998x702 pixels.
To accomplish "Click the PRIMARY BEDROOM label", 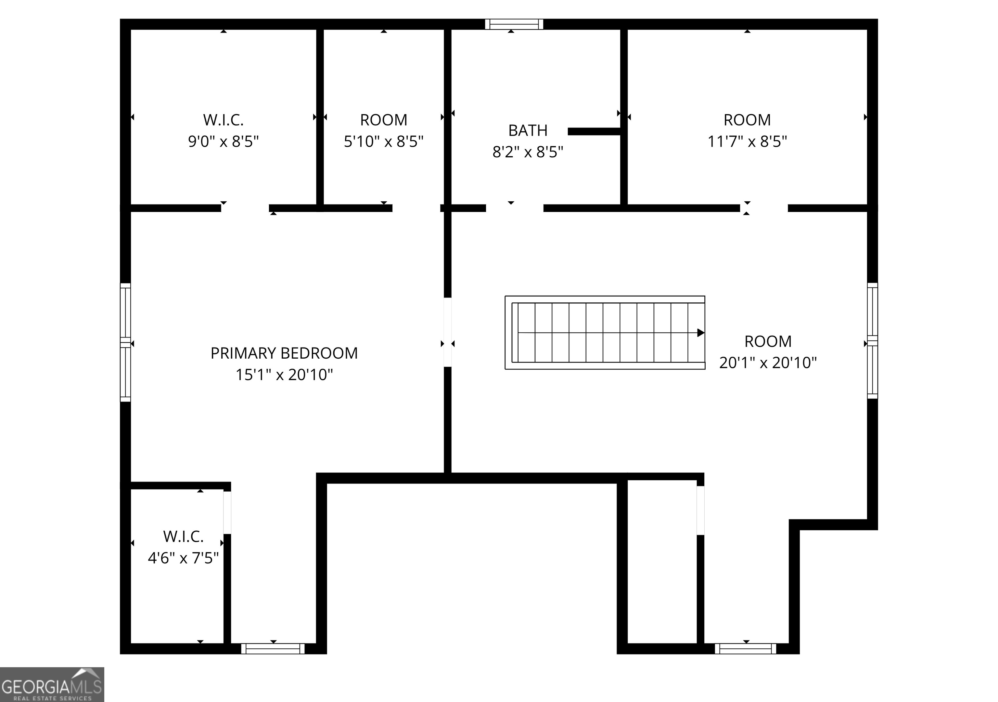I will click(284, 353).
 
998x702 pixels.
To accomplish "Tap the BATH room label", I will click(528, 130).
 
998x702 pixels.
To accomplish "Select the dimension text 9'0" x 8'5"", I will click(224, 141).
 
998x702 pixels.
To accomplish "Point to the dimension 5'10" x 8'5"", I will click(383, 141).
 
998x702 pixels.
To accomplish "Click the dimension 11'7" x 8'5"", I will click(747, 141).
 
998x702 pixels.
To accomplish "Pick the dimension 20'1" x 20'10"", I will click(768, 363).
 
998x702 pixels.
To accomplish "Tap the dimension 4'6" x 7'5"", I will click(183, 558).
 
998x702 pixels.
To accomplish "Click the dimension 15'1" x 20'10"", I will click(284, 375).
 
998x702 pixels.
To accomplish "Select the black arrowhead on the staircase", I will click(700, 333).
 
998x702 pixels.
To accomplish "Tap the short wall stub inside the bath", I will click(594, 131).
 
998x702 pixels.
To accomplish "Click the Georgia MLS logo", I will click(52, 684).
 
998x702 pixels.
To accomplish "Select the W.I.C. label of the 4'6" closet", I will click(183, 537).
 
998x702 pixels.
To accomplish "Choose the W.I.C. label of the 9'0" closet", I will click(224, 120).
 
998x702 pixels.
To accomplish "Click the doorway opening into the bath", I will click(514, 208).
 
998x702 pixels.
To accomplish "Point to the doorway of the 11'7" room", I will click(764, 208).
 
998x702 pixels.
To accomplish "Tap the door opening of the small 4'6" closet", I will click(227, 512).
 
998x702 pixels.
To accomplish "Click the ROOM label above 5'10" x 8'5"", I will click(383, 120).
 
